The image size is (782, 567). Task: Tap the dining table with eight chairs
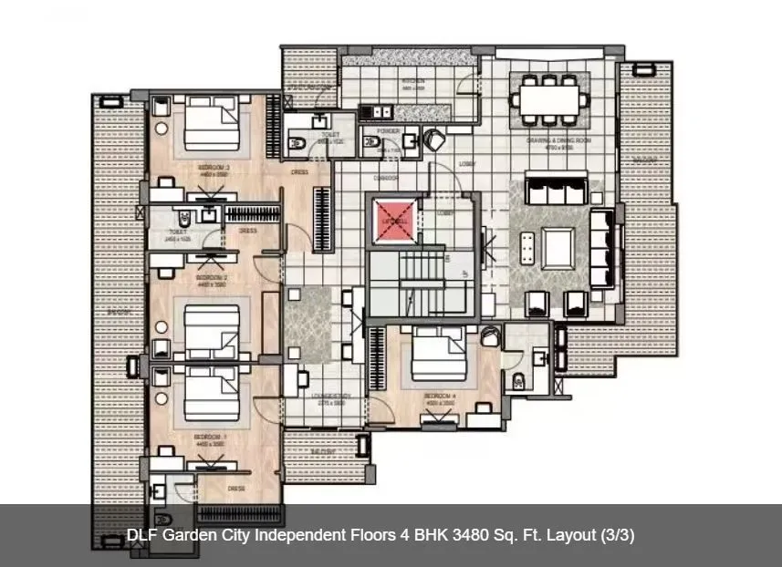[x=550, y=99]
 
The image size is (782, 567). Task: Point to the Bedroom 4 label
[x=439, y=397]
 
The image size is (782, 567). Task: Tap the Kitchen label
[x=412, y=81]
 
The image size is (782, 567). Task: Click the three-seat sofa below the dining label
[x=557, y=192]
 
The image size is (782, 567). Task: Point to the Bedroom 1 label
[x=211, y=438]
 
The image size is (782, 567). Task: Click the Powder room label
[x=388, y=131]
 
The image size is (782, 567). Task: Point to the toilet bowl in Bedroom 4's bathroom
[x=517, y=380]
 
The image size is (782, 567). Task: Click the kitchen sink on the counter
[x=375, y=112]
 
